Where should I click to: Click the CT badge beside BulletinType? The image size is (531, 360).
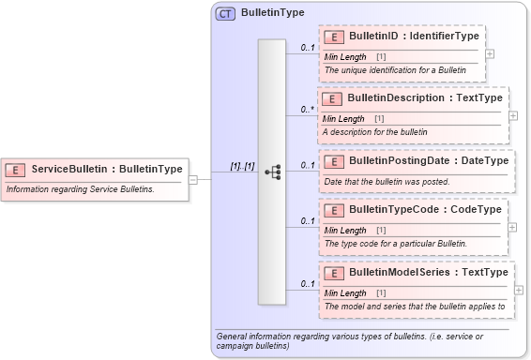[x=225, y=14]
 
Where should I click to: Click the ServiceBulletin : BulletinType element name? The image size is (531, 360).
[x=106, y=170]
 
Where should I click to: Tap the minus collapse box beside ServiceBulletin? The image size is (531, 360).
[x=193, y=179]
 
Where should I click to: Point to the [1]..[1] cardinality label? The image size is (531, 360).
[x=242, y=166]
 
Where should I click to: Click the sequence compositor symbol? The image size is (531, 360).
[x=272, y=172]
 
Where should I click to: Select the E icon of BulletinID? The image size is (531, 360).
[x=332, y=37]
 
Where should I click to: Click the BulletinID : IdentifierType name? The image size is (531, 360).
[x=413, y=37]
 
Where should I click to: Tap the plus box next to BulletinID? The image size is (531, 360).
[x=490, y=53]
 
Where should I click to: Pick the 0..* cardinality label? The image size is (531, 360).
[x=307, y=110]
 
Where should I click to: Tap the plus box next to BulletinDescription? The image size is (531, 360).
[x=512, y=115]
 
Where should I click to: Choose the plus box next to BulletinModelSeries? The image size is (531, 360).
[x=519, y=290]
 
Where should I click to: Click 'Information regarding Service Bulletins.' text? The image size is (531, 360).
[x=81, y=189]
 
